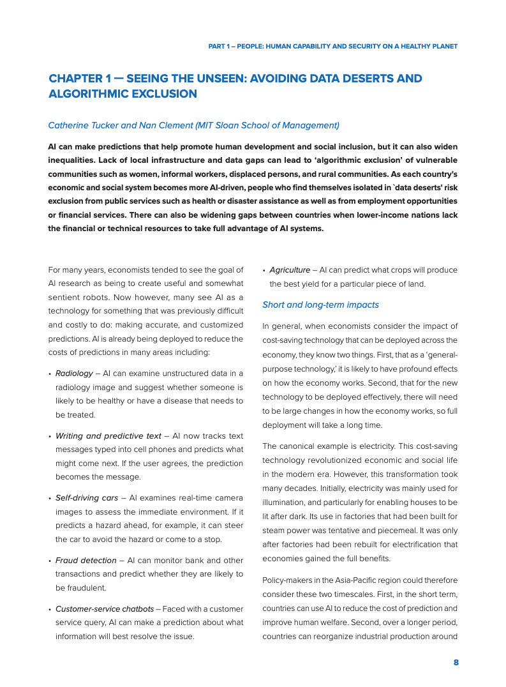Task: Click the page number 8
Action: tap(456, 662)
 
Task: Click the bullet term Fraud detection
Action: tap(86, 560)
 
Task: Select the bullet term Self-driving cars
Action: tap(87, 497)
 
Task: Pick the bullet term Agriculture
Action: tap(290, 270)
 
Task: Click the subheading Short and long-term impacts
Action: tap(320, 305)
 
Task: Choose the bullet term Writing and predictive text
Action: tap(108, 435)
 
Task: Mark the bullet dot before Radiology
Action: tap(50, 374)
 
